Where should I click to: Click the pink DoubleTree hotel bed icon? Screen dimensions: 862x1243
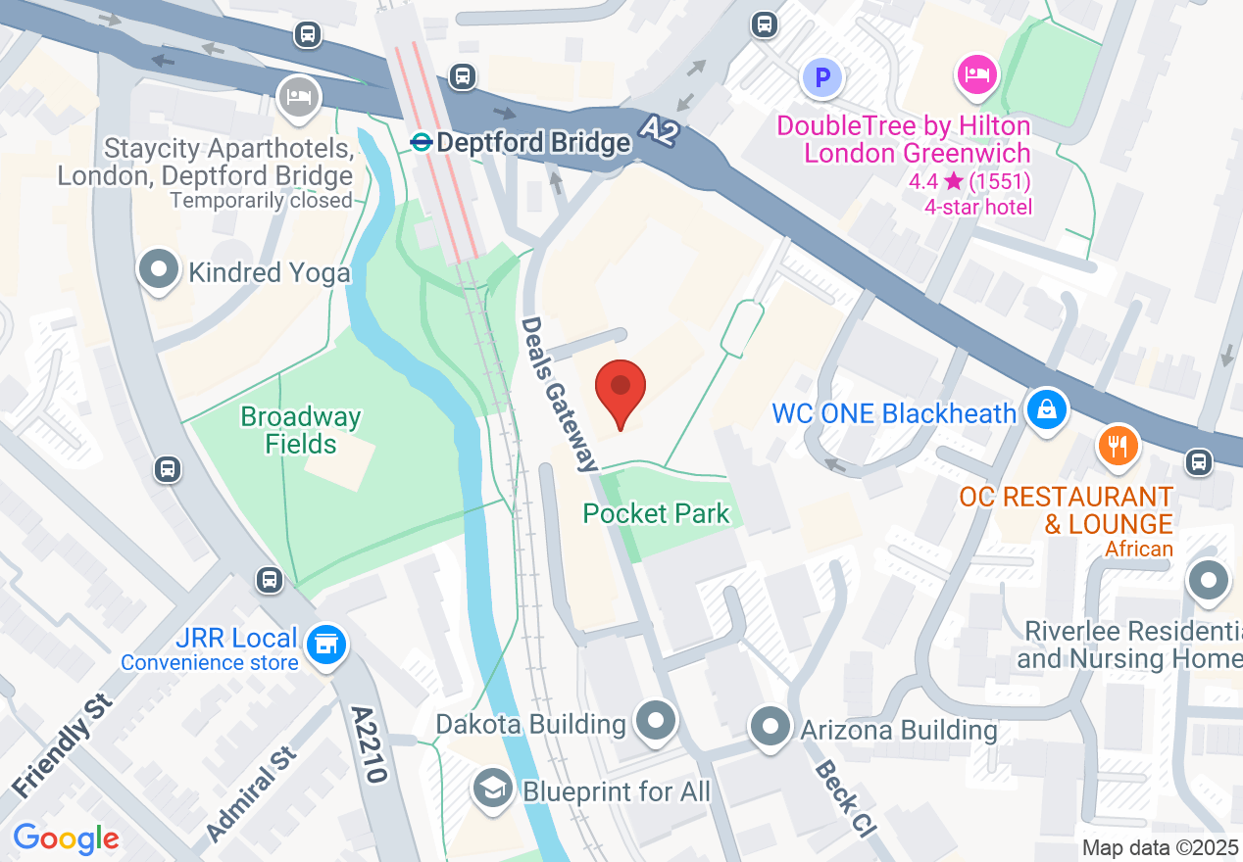click(x=976, y=74)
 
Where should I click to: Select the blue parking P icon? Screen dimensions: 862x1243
click(x=822, y=76)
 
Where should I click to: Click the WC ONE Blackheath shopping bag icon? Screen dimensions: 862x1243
click(x=1047, y=409)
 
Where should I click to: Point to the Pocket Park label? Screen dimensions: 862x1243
click(x=656, y=513)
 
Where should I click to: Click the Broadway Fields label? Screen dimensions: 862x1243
click(x=301, y=431)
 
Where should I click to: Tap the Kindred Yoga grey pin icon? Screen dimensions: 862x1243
click(x=159, y=268)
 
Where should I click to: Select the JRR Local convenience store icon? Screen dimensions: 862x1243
click(x=325, y=646)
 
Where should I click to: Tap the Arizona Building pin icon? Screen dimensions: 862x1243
click(x=771, y=728)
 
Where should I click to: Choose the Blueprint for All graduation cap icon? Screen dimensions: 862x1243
click(x=492, y=789)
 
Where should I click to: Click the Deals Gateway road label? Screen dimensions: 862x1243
click(x=560, y=393)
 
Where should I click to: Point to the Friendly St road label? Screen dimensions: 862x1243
click(x=64, y=745)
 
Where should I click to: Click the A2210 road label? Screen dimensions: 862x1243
click(x=371, y=743)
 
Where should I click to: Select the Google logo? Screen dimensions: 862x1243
click(x=67, y=838)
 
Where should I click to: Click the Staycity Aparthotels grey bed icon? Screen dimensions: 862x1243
click(x=299, y=97)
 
